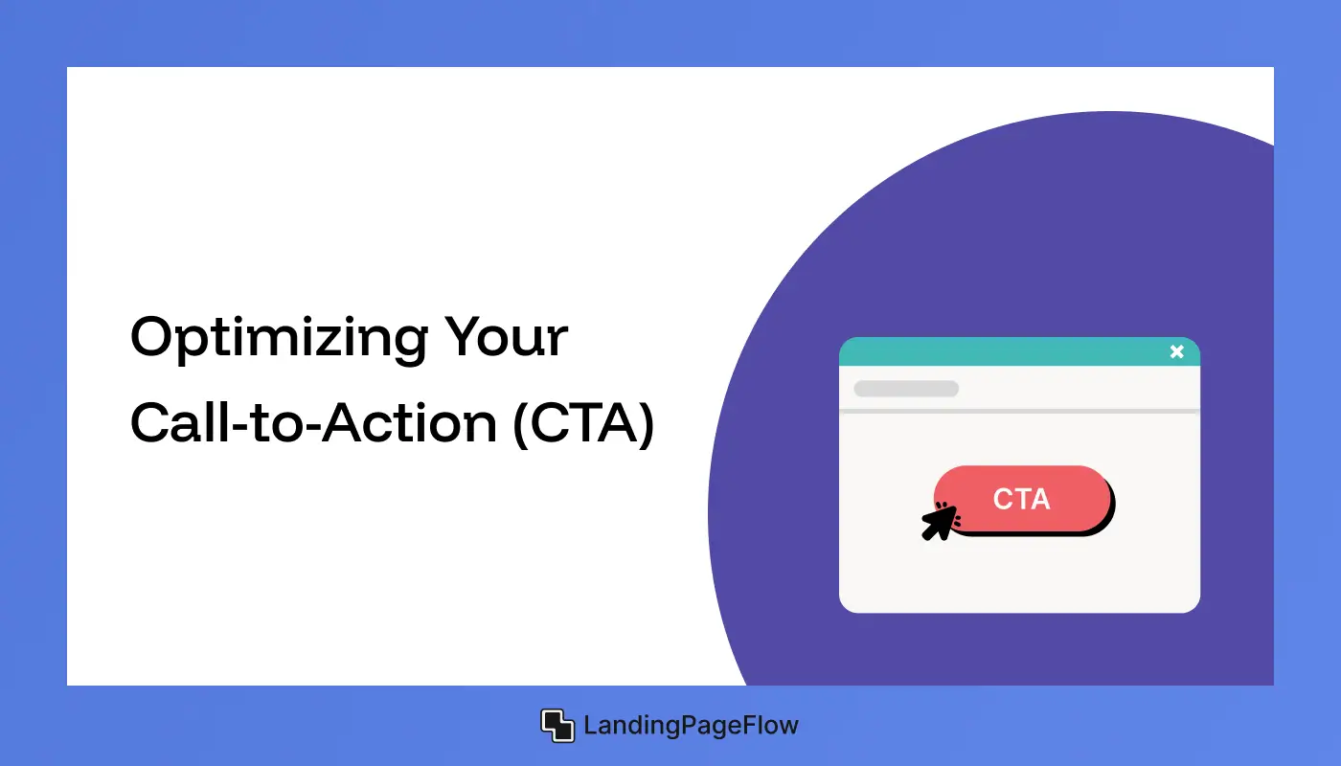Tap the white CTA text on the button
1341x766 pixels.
pos(1022,499)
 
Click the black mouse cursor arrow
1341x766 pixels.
pos(939,523)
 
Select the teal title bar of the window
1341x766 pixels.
pos(1006,352)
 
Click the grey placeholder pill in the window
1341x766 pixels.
pos(906,389)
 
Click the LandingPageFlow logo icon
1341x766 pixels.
pos(557,726)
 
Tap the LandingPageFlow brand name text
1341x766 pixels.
pos(691,726)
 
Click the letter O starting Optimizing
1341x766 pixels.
pos(154,338)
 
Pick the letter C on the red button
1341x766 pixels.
pos(1004,499)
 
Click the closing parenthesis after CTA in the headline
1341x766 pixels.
pos(646,424)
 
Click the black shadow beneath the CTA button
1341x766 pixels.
pos(1054,532)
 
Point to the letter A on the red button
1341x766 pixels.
pos(1040,499)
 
